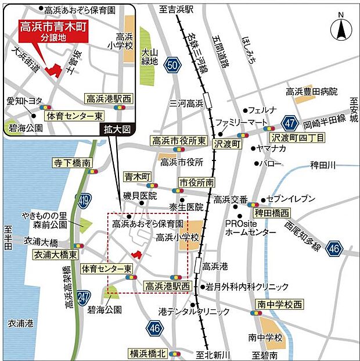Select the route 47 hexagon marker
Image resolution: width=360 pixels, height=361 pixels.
click(291, 123)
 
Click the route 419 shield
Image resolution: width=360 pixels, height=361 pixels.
click(85, 201)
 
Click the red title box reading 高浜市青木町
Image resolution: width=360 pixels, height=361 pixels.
click(53, 30)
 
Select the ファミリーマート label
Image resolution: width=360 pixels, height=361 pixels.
click(237, 122)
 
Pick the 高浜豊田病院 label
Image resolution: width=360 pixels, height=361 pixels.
click(311, 91)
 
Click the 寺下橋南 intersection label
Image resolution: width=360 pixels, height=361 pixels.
click(72, 162)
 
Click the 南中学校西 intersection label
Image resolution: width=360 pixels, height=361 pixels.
click(279, 304)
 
